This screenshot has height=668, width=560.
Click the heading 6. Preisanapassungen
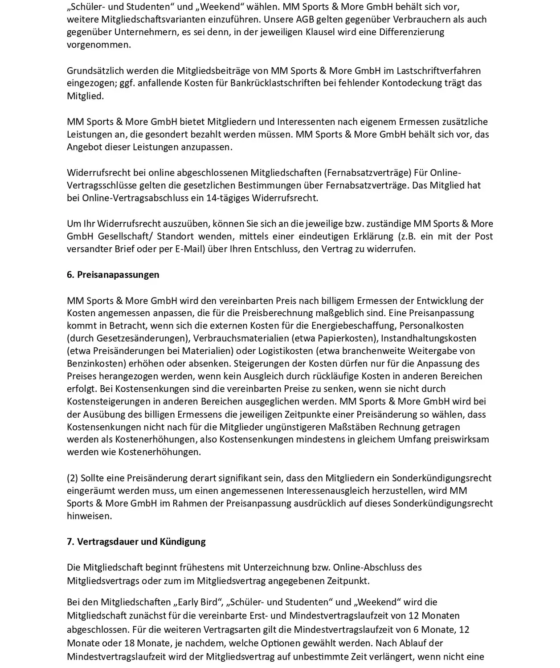pyautogui.click(x=113, y=275)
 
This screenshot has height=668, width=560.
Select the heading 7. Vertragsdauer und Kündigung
pyautogui.click(x=136, y=542)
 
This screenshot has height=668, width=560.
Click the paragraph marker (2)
pyautogui.click(x=73, y=478)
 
